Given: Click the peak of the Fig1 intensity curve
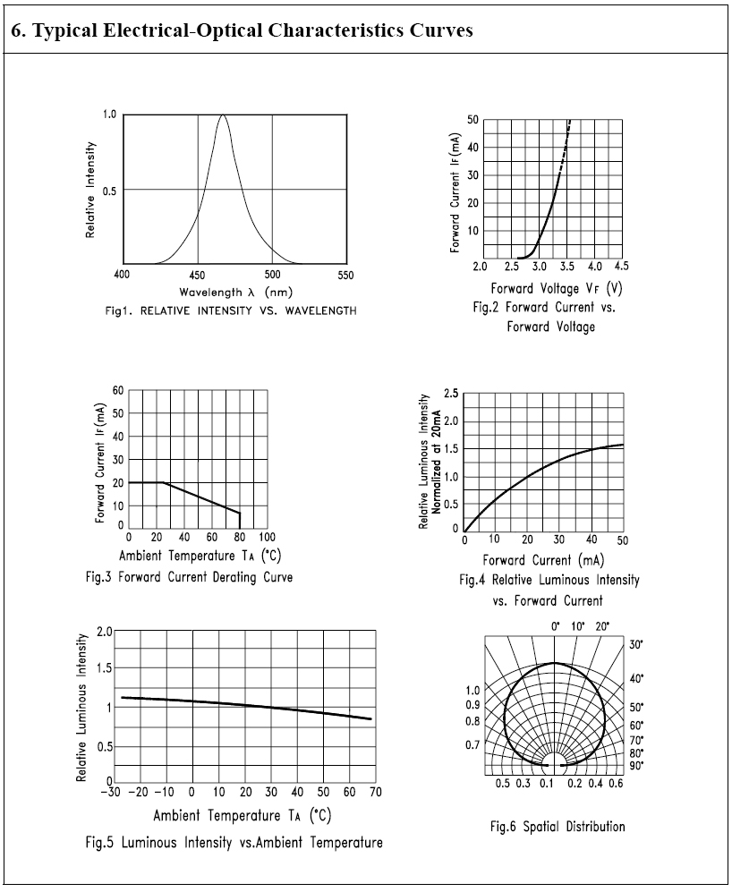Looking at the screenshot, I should tap(223, 115).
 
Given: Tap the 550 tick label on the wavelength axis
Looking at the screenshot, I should tap(345, 275).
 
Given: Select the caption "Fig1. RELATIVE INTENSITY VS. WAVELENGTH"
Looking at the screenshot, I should tap(231, 310).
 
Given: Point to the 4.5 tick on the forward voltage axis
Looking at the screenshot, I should tap(620, 267).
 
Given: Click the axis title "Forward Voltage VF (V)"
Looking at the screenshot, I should tap(556, 288).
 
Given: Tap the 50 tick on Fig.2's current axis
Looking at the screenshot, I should tap(472, 120).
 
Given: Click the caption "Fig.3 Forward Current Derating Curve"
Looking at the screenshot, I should tap(189, 576).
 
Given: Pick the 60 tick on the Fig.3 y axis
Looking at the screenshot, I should tap(118, 391).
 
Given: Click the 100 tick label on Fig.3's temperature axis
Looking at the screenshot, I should tap(267, 537).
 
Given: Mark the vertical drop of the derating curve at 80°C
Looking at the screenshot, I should tap(240, 521).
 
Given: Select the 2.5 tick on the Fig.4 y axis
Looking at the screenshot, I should tap(452, 394).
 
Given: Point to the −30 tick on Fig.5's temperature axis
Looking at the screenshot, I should tap(111, 792).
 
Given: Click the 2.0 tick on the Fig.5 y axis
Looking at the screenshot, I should tap(105, 632).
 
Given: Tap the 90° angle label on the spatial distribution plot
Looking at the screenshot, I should tap(636, 765).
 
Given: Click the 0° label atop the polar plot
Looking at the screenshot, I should tap(555, 625).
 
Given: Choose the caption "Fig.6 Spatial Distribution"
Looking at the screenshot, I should tap(557, 826).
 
